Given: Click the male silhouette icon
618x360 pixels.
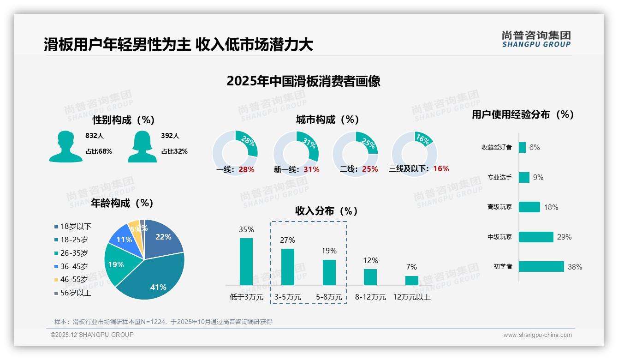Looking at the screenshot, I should [x=65, y=147].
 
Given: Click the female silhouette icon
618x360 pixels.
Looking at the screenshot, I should [x=142, y=147].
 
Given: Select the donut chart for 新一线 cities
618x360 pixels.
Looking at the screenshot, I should [x=296, y=153].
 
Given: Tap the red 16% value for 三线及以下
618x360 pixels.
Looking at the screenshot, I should [x=441, y=168].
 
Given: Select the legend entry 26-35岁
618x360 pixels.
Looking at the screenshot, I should [x=74, y=253].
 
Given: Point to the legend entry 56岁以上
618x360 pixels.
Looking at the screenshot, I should [x=76, y=293].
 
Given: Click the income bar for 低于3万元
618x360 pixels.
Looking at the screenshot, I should [x=246, y=261].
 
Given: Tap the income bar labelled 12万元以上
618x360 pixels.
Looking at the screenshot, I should [x=412, y=280].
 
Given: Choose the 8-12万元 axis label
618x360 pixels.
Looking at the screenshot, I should [x=370, y=297].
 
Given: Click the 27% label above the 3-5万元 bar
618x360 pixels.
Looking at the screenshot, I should [x=288, y=240].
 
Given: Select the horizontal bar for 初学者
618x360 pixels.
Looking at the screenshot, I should [x=541, y=266].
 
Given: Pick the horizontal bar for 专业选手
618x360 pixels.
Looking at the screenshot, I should [x=524, y=177].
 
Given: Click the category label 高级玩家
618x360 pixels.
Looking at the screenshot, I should [x=499, y=207].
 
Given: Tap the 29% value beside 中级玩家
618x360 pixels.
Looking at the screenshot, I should [x=564, y=237].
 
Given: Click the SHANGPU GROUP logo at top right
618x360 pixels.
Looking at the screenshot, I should [x=536, y=39].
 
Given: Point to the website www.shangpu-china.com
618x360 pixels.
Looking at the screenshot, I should [x=537, y=335].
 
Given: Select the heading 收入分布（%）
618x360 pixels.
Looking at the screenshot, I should [x=327, y=211].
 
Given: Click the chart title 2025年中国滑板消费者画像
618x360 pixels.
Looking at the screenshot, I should [x=303, y=81].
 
